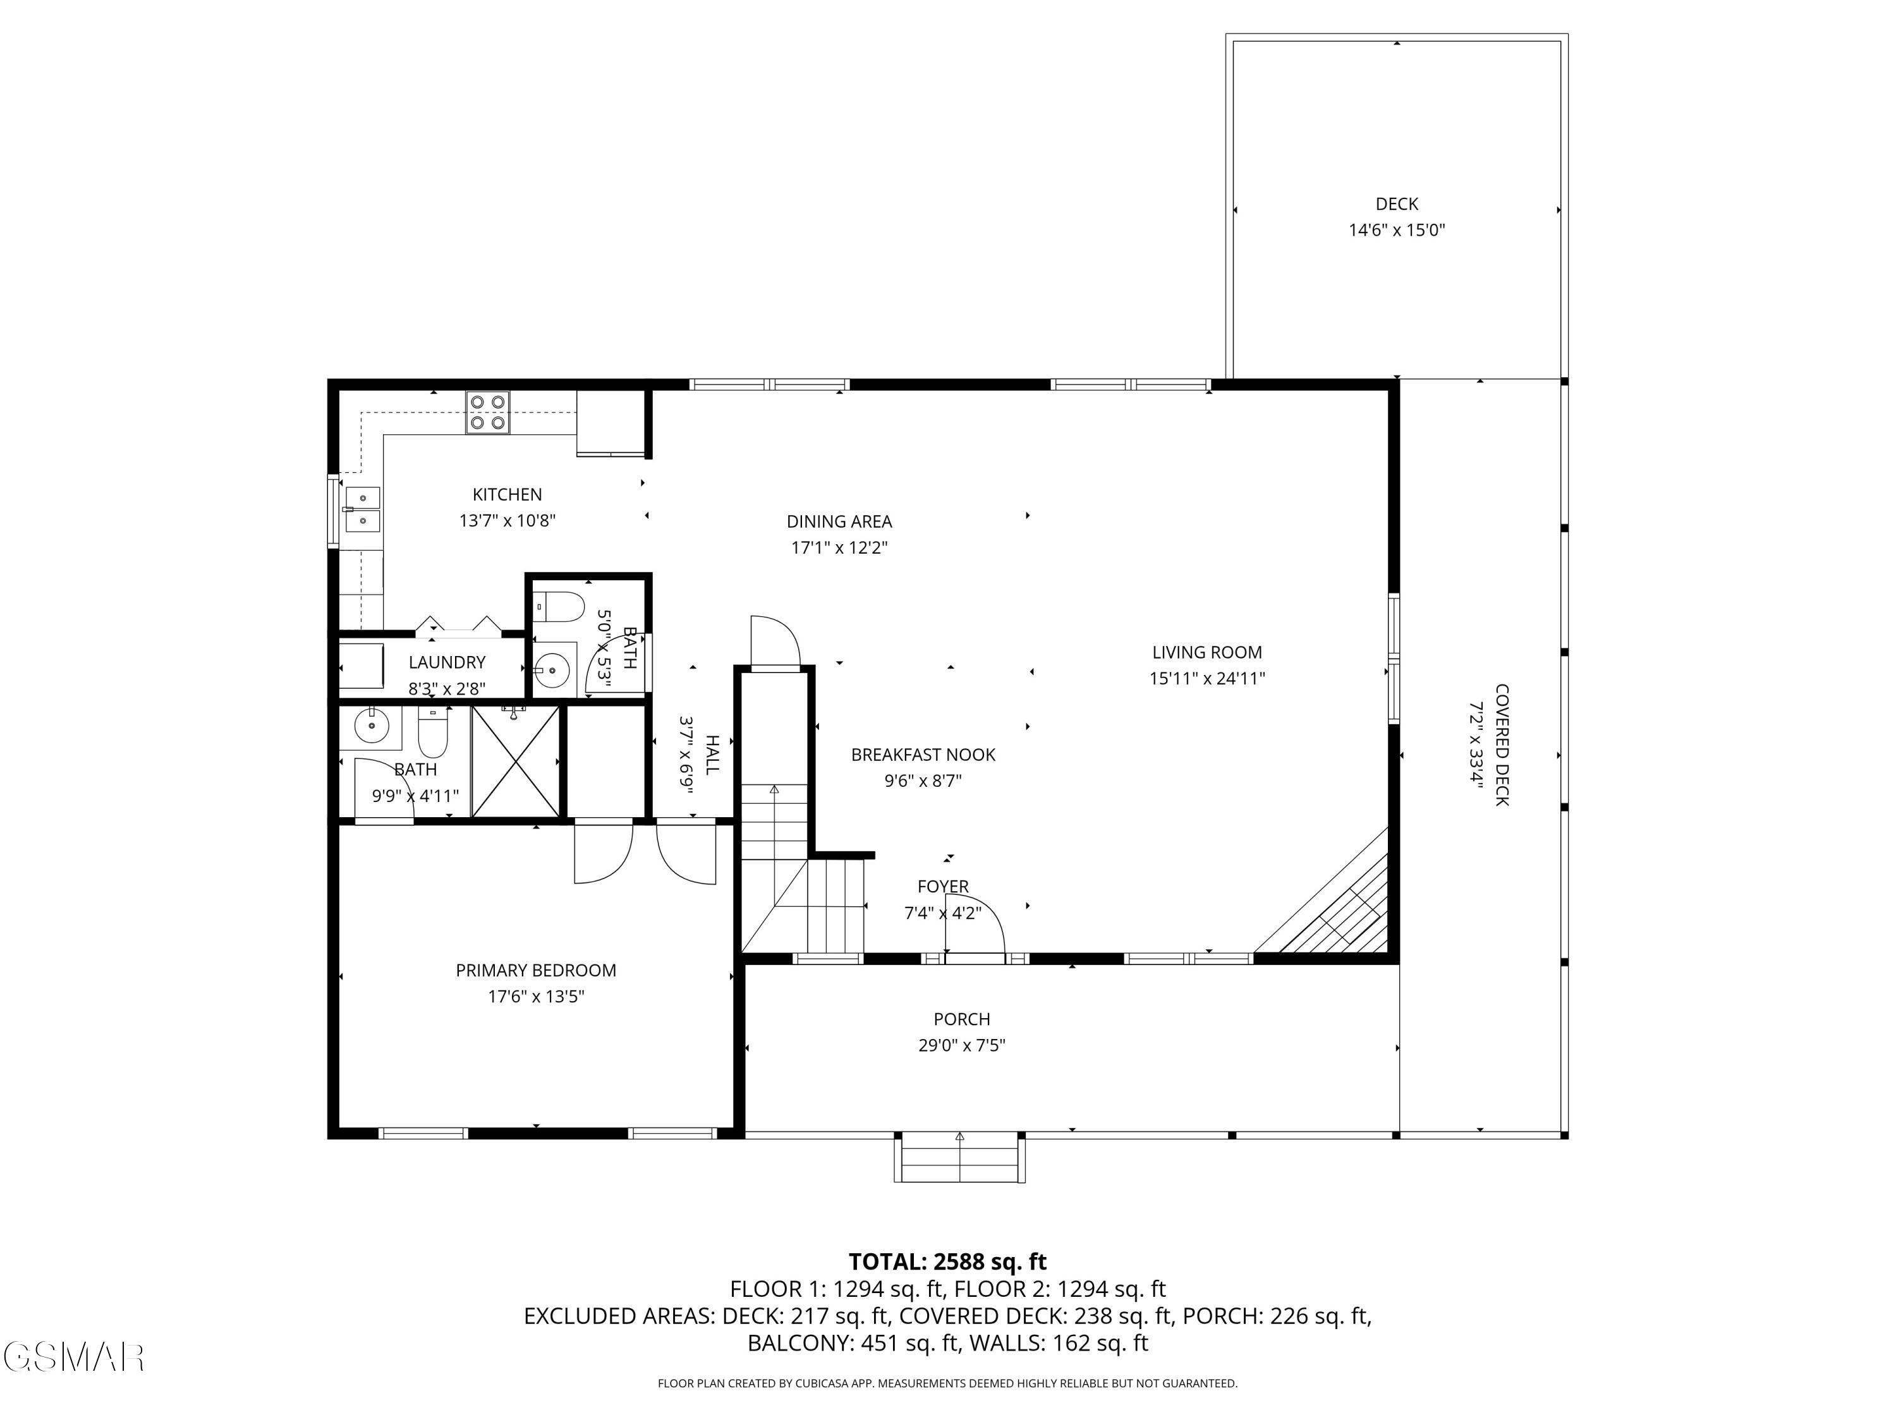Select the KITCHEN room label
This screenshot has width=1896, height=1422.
pos(507,495)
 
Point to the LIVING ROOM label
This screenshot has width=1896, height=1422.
pos(1207,652)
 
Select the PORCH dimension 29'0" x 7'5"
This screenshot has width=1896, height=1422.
pos(962,1045)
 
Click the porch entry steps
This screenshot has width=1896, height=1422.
pos(960,1159)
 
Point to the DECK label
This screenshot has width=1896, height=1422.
pos(1397,204)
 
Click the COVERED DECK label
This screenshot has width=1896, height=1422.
pos(1502,745)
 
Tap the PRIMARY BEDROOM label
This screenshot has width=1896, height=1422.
pos(536,970)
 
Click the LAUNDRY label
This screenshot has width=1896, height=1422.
pos(447,662)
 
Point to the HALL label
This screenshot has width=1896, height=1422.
pos(712,754)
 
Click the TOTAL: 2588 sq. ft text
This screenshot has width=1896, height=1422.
pos(947,1261)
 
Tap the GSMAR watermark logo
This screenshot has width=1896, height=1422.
pos(73,1358)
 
